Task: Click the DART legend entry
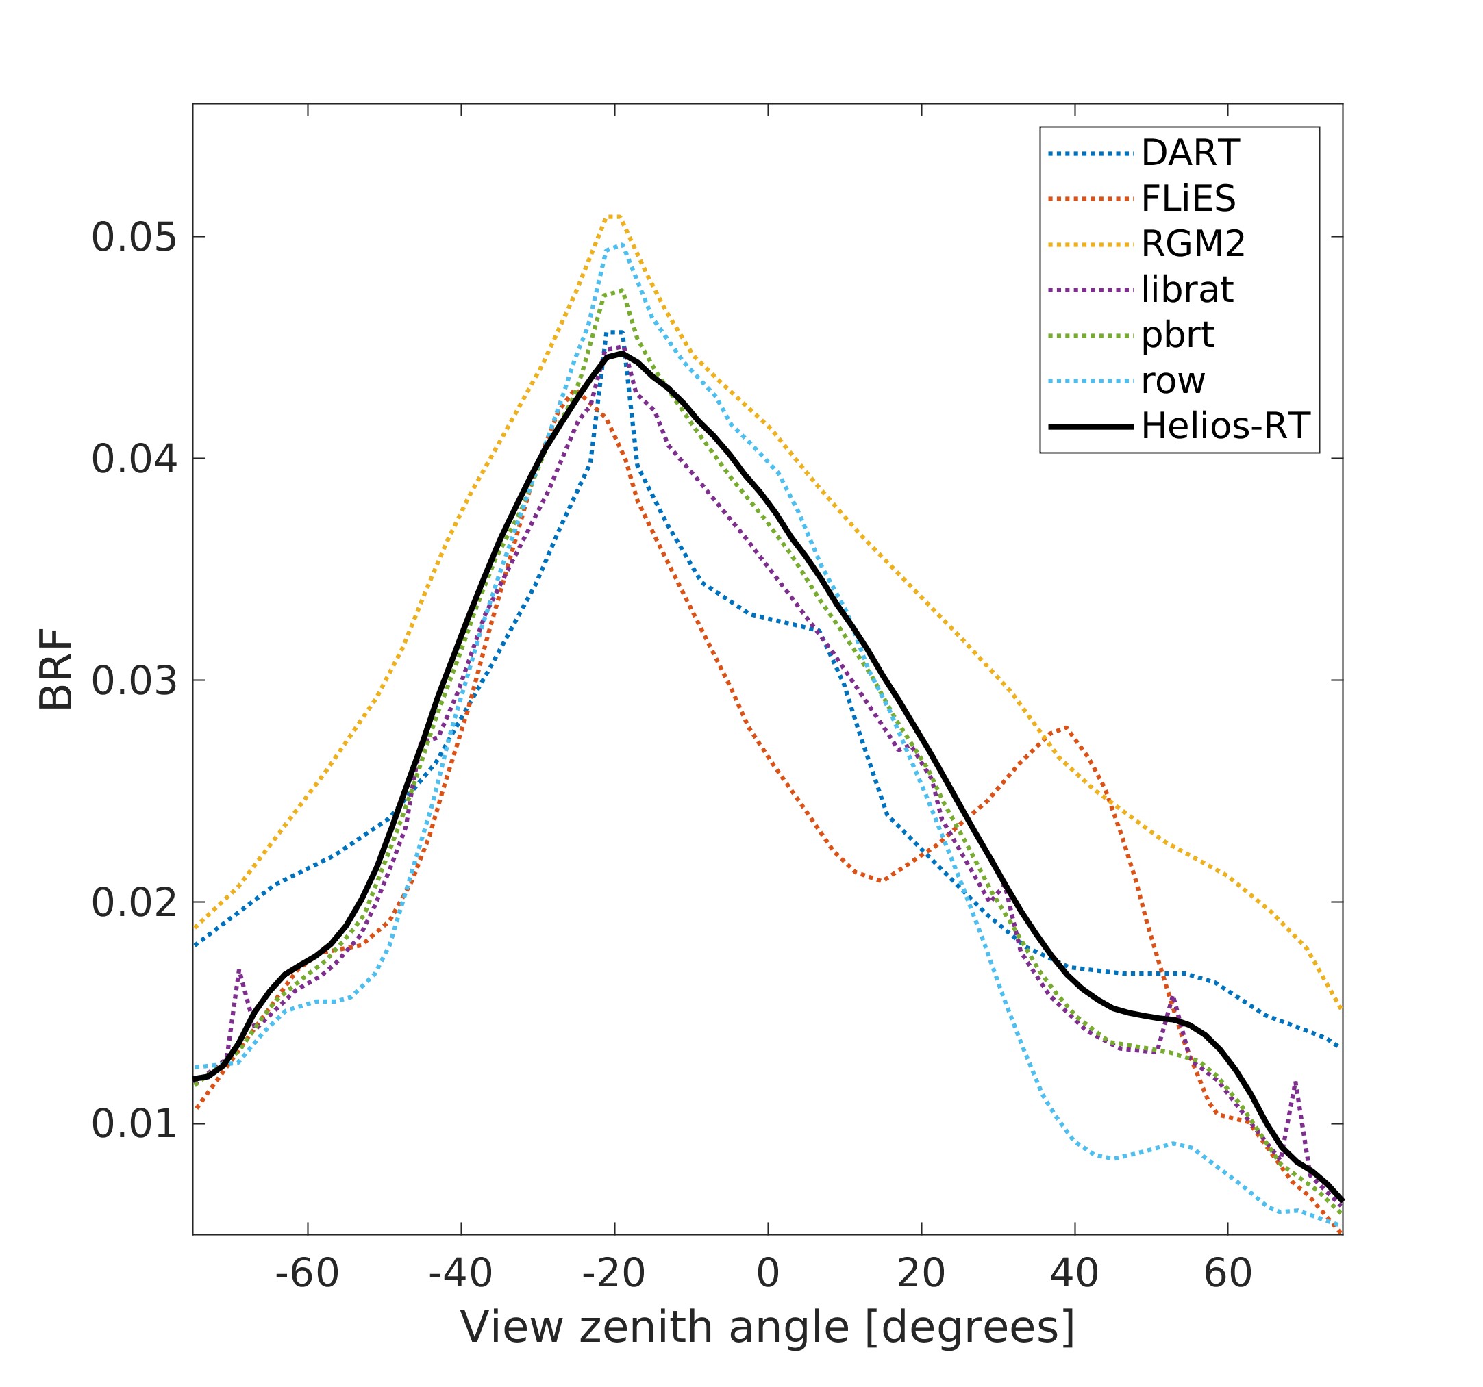click(x=1190, y=153)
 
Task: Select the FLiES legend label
click(x=1188, y=199)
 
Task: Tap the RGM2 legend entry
click(x=1193, y=244)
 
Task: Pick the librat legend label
click(x=1187, y=290)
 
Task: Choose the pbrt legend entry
click(x=1177, y=335)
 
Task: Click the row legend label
click(x=1173, y=382)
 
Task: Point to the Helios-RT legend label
click(x=1225, y=427)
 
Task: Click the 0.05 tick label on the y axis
click(x=134, y=238)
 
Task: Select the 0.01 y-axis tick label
click(x=134, y=1125)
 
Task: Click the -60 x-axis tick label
click(x=307, y=1273)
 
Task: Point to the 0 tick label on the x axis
click(x=768, y=1273)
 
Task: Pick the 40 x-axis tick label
click(x=1074, y=1273)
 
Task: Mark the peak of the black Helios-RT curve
click(x=621, y=353)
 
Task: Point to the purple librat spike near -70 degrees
click(x=238, y=970)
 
